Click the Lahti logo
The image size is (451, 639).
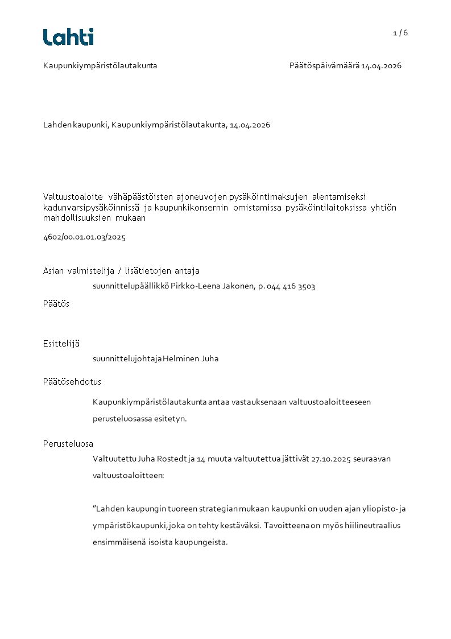tap(68, 37)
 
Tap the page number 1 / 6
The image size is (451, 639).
tap(400, 33)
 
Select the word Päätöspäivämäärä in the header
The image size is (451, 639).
tap(324, 65)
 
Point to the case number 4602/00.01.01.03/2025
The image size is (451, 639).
tap(84, 237)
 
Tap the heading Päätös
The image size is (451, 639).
tap(56, 304)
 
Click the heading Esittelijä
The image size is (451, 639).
tap(61, 343)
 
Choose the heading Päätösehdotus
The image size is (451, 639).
tap(72, 382)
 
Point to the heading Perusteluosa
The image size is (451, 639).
tap(68, 444)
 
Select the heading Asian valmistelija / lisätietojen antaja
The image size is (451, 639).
tap(121, 271)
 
